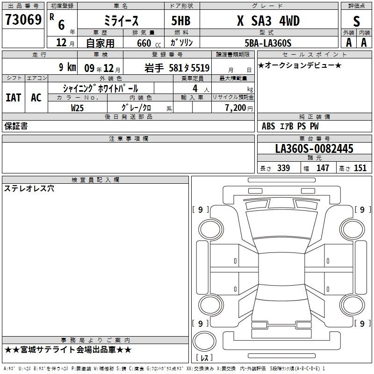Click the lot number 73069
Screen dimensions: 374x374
(23, 20)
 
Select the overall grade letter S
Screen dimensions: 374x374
(356, 21)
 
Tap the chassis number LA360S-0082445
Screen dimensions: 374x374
(314, 149)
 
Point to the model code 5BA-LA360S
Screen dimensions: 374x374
(268, 43)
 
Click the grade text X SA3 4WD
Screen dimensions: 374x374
(268, 21)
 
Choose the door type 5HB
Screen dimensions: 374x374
(181, 21)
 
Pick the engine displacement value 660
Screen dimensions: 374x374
(144, 43)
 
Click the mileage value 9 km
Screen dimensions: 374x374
(67, 67)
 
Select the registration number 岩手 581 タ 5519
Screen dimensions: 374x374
(177, 68)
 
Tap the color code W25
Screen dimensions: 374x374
(77, 108)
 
